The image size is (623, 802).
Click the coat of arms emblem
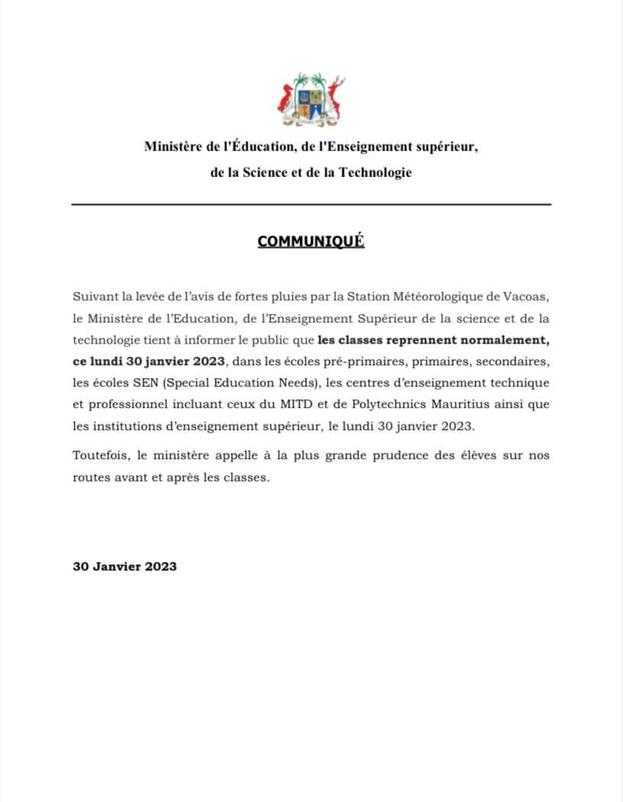coord(310,101)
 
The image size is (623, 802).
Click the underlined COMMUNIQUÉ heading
coord(311,242)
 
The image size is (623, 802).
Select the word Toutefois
coord(101,455)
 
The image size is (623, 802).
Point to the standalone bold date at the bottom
coord(125,566)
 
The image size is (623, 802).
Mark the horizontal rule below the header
coord(311,205)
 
